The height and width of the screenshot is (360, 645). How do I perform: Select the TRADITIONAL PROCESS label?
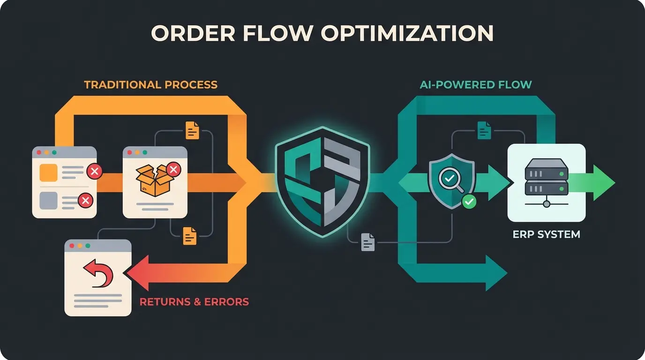click(150, 85)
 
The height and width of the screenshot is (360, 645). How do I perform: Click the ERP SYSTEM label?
click(547, 234)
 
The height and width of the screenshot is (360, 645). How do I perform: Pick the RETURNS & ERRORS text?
click(194, 301)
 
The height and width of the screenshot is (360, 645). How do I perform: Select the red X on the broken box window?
click(173, 169)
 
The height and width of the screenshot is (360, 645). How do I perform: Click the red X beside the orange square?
click(94, 172)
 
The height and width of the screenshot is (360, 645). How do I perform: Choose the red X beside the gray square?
click(85, 201)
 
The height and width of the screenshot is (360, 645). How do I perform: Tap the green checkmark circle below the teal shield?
click(469, 202)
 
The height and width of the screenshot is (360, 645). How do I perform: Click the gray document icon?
click(368, 242)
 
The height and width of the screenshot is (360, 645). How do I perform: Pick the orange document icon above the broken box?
click(192, 130)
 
